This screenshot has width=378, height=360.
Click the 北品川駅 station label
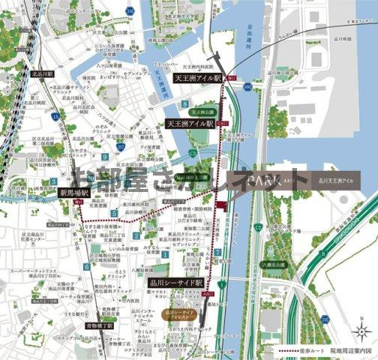(43, 75)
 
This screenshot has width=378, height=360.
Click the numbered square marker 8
(184, 102)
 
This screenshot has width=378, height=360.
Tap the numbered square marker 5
(114, 213)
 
